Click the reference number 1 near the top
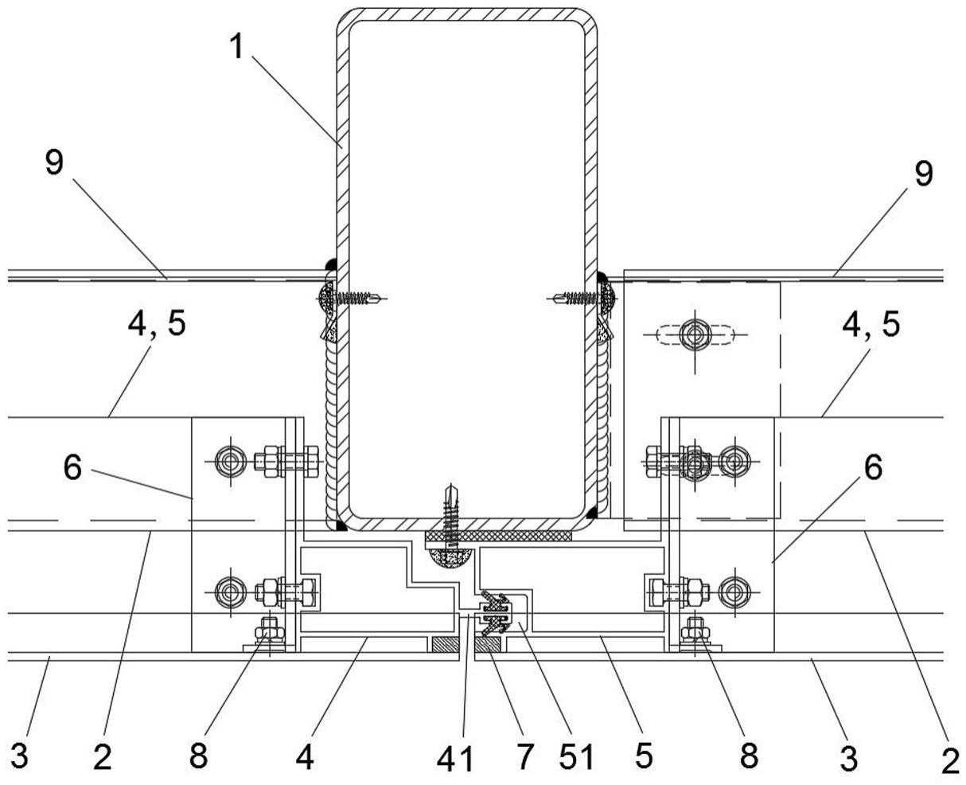(x=237, y=47)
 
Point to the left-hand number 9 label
(x=54, y=162)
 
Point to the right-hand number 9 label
(x=924, y=173)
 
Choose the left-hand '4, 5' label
(x=157, y=324)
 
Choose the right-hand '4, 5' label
(x=871, y=324)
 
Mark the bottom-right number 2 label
(x=950, y=761)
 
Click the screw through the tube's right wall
(x=582, y=298)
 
